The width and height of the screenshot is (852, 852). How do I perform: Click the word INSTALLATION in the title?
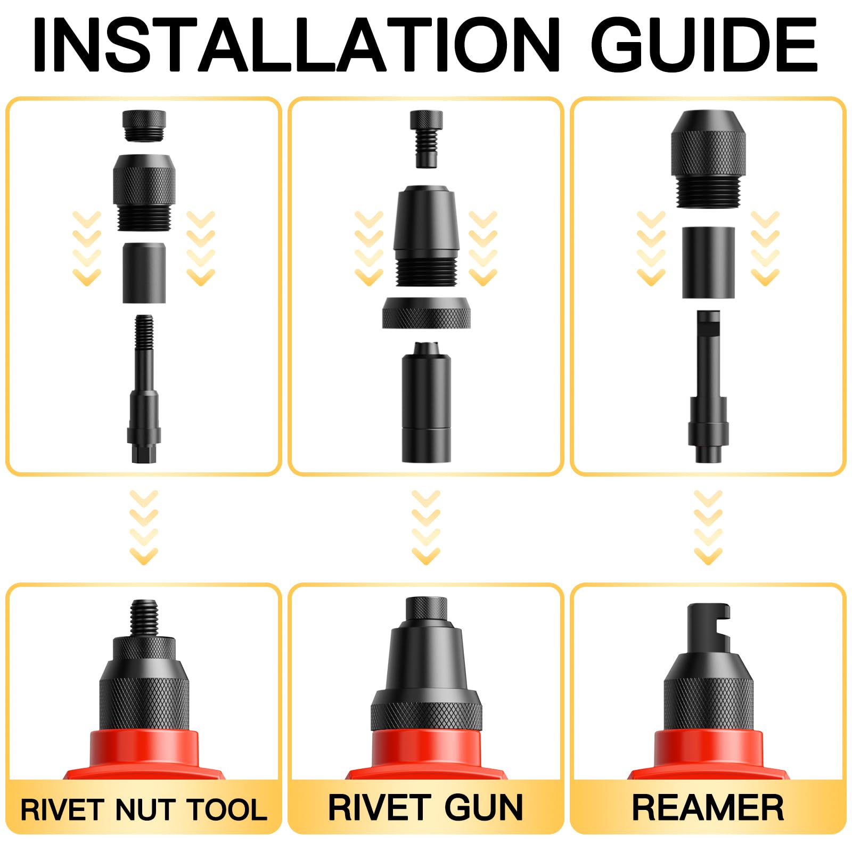point(296,45)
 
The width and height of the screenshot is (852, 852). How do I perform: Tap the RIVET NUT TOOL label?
point(144,810)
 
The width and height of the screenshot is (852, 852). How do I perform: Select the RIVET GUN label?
point(425,808)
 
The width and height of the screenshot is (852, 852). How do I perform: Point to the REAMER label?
point(708,808)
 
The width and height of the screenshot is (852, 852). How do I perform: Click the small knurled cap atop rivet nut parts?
point(144,126)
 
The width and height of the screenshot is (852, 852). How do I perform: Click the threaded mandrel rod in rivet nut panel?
point(144,389)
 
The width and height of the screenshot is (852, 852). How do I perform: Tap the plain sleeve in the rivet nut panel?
point(144,273)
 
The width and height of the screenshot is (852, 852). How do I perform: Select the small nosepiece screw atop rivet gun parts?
point(426,138)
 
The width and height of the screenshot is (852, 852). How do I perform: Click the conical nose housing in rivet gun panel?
point(426,234)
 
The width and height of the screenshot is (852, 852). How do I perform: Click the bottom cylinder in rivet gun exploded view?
point(426,405)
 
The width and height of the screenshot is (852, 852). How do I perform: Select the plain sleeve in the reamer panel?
point(708,262)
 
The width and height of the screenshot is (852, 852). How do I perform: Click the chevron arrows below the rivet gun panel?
point(426,527)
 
